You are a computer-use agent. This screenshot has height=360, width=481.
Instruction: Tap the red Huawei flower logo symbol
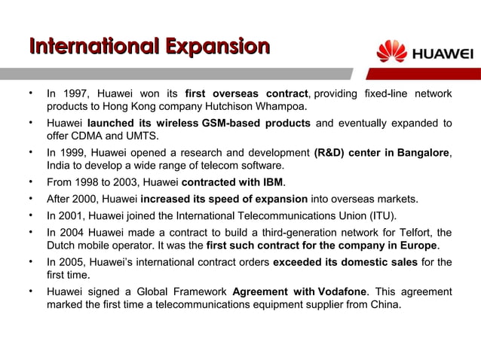(x=391, y=52)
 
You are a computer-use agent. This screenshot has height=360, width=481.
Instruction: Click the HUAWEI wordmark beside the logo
(x=441, y=53)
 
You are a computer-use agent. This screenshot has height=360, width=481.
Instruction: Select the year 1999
(x=74, y=153)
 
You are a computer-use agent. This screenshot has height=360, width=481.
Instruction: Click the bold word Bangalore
(x=418, y=153)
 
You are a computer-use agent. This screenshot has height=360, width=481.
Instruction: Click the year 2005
(x=74, y=261)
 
